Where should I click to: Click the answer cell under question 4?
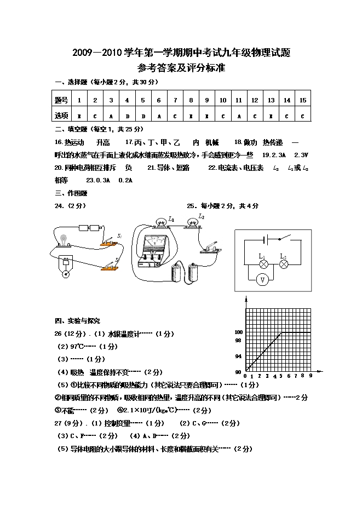click(x=127, y=116)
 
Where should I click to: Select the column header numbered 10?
click(x=223, y=100)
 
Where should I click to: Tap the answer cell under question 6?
click(x=159, y=116)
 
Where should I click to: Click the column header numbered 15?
click(x=302, y=100)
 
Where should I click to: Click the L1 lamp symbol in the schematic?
click(x=262, y=263)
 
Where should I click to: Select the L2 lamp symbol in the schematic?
click(x=284, y=263)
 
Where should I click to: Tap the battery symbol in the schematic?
click(x=265, y=239)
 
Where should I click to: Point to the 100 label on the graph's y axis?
click(x=238, y=332)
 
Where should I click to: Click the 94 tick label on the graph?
click(x=238, y=356)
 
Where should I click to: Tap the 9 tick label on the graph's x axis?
click(x=311, y=376)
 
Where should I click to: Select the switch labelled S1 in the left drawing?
click(x=110, y=239)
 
